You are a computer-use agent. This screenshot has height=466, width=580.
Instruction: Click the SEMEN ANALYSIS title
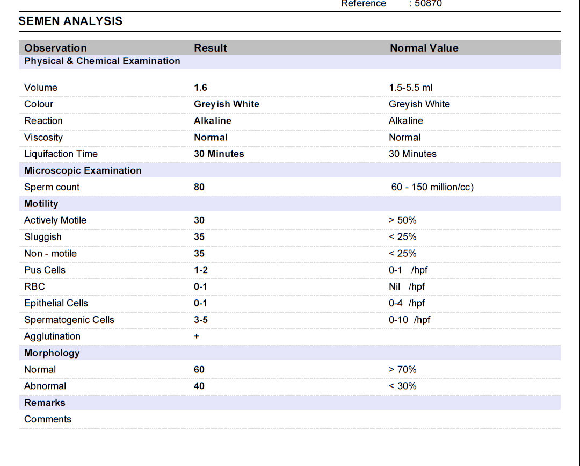point(70,21)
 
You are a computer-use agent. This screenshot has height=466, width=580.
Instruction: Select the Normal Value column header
point(424,48)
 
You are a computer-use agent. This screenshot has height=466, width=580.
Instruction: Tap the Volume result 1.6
point(200,88)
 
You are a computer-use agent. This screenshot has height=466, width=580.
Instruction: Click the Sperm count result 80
point(199,187)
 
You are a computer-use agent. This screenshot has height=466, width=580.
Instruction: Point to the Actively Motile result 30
point(199,220)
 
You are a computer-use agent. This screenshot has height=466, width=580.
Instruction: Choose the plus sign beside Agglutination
point(197,336)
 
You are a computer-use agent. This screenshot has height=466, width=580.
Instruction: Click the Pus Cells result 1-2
point(201,270)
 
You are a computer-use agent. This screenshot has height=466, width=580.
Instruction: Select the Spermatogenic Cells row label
point(69,320)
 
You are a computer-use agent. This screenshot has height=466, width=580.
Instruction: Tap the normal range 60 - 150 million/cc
point(432,187)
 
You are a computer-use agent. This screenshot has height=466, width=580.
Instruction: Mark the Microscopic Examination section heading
point(83,170)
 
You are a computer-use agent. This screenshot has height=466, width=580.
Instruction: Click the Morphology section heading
point(52,353)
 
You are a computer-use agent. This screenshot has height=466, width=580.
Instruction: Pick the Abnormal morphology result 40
point(199,386)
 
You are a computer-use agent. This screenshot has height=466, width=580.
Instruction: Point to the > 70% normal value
point(402,369)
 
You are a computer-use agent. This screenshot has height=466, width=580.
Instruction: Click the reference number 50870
point(428,4)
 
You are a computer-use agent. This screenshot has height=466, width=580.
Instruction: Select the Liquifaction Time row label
point(61,154)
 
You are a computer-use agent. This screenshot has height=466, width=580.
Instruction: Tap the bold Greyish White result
point(227,104)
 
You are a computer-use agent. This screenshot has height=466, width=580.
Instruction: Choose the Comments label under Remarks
point(48,419)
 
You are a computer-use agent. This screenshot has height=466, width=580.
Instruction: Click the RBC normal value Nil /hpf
point(407,286)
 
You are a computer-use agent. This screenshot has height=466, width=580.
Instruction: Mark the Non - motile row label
point(50,254)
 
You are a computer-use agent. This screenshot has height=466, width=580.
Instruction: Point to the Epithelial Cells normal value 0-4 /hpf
point(407,303)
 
